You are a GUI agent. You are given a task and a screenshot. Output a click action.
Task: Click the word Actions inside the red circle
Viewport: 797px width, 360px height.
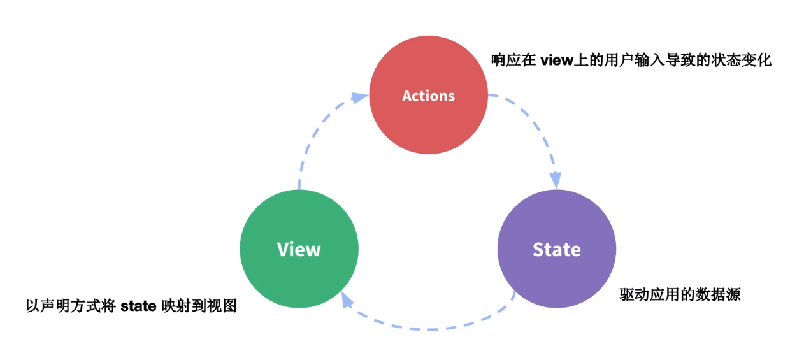click(x=428, y=96)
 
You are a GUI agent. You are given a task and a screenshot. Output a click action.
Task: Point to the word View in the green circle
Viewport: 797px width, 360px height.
click(x=299, y=249)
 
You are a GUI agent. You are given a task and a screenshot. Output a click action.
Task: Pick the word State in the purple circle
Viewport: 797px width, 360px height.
click(x=556, y=249)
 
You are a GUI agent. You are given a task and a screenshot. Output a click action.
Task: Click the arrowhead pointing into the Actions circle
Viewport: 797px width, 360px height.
click(x=360, y=97)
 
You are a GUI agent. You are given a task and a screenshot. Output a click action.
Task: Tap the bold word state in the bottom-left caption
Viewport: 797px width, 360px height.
click(x=138, y=306)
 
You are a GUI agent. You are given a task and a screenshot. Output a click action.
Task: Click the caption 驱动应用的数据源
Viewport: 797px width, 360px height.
click(x=680, y=295)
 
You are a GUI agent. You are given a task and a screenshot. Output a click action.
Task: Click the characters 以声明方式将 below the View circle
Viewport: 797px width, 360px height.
click(x=71, y=306)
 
